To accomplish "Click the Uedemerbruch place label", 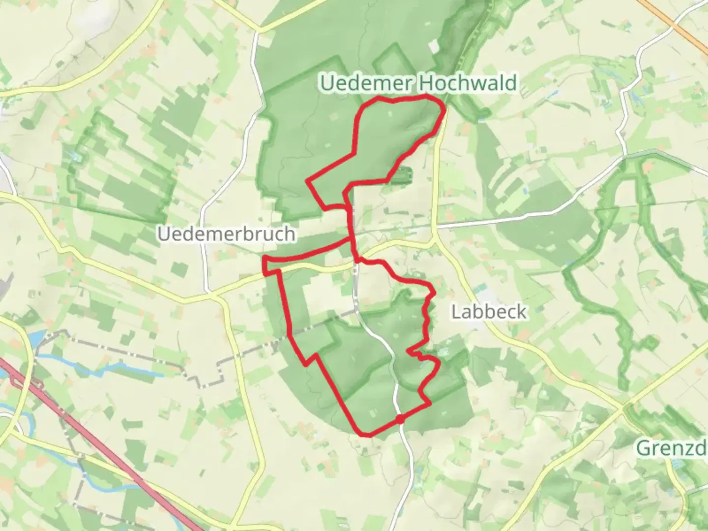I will (226, 234).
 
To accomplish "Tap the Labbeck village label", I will (489, 312).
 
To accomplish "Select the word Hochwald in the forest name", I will (469, 83).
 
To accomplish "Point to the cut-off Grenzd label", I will (672, 448).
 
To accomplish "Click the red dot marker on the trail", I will (401, 419).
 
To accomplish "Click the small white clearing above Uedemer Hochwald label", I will (433, 46).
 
